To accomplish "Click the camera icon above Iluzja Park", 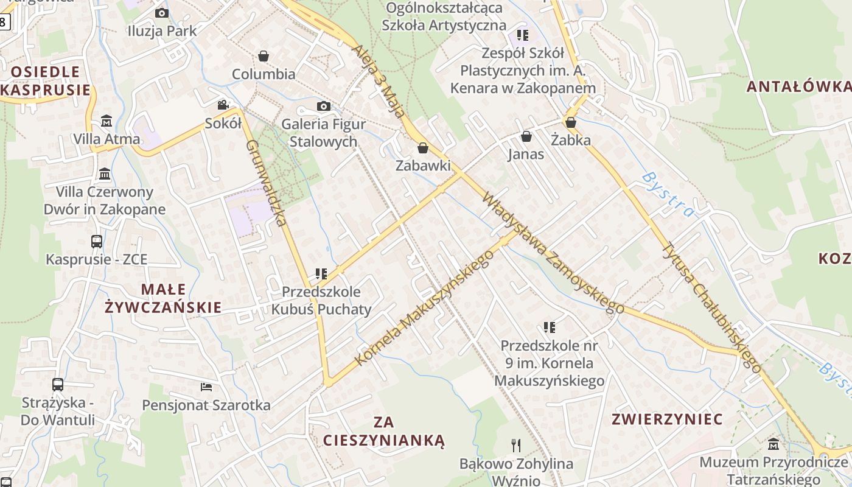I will pyautogui.click(x=161, y=13).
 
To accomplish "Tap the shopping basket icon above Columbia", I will pyautogui.click(x=264, y=56).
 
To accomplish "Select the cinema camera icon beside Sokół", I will pyautogui.click(x=223, y=105).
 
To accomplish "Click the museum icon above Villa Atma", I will pyautogui.click(x=106, y=121).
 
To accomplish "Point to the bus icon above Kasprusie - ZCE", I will pyautogui.click(x=97, y=241).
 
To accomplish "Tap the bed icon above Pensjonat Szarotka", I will pyautogui.click(x=206, y=387).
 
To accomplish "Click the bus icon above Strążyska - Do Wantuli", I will pyautogui.click(x=58, y=384).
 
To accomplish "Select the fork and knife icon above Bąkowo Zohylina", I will pyautogui.click(x=516, y=445).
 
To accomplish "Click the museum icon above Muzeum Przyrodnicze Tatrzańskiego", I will pyautogui.click(x=773, y=444).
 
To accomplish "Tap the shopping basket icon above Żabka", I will pyautogui.click(x=571, y=122).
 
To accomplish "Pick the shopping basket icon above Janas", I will pyautogui.click(x=526, y=136).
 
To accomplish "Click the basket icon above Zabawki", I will pyautogui.click(x=423, y=147).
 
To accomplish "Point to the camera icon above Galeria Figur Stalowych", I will pyautogui.click(x=324, y=107).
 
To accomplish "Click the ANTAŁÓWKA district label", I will pyautogui.click(x=798, y=86).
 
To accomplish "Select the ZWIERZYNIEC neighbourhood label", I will pyautogui.click(x=667, y=419).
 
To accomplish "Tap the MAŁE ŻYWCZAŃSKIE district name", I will pyautogui.click(x=163, y=298).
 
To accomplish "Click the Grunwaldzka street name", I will pyautogui.click(x=267, y=183).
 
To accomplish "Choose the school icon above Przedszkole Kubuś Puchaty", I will pyautogui.click(x=321, y=274).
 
